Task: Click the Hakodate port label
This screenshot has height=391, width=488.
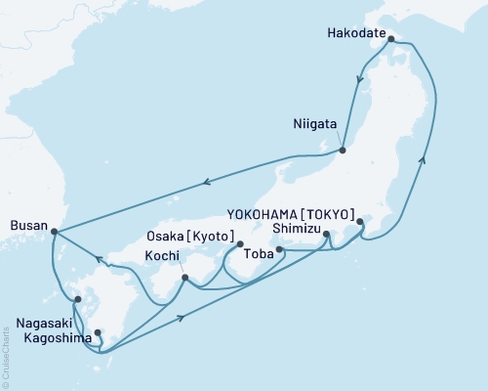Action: pos(356,31)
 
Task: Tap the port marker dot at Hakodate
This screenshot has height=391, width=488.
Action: pos(391,40)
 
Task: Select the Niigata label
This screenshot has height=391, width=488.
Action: pos(316,125)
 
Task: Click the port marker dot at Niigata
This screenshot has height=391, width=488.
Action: pos(344,150)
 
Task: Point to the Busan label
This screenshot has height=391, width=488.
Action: pos(26,223)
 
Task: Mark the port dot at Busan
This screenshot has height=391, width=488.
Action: pos(53,233)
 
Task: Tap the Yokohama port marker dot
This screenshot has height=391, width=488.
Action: pos(360,222)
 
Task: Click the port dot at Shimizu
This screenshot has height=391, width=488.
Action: pos(326,234)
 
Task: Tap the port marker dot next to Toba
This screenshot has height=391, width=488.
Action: pos(280,250)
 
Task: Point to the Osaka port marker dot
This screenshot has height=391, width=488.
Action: pos(239,244)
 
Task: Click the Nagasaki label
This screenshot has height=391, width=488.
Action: pos(43,320)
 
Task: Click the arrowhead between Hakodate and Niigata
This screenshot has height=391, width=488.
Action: pos(360,82)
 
